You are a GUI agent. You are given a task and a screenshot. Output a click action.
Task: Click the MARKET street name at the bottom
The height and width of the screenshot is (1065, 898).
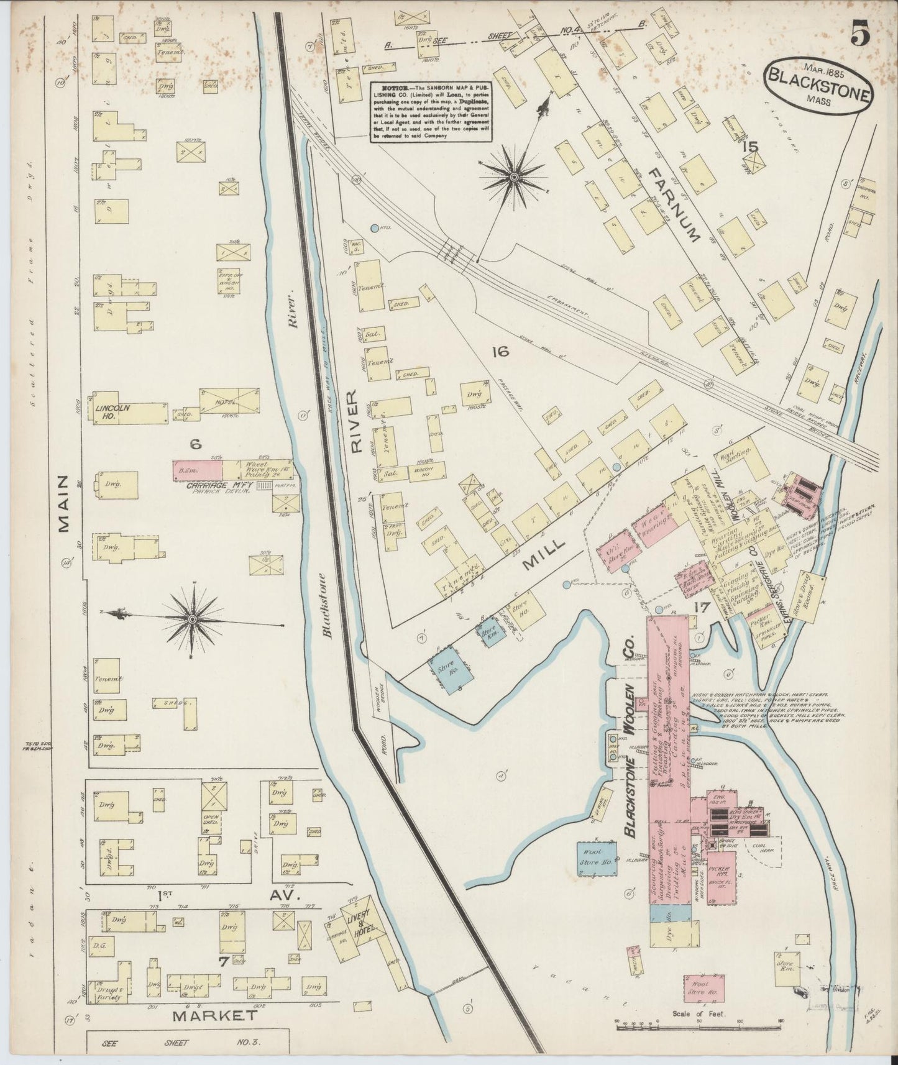pos(214,1016)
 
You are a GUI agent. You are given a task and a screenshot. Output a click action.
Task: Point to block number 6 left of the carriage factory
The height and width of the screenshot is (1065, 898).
pos(195,444)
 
